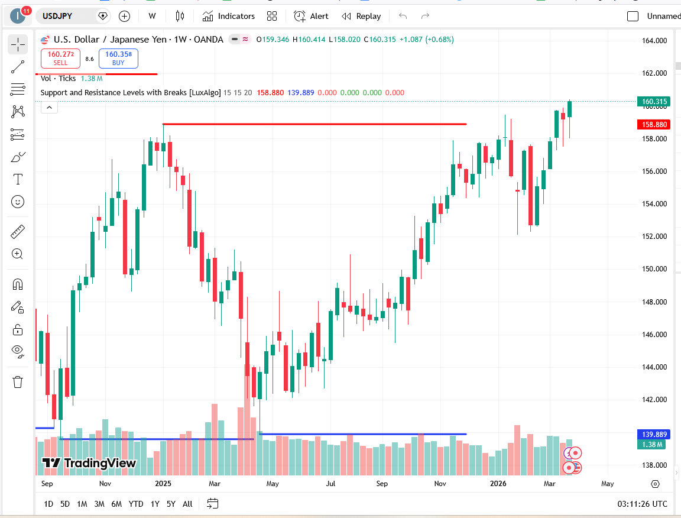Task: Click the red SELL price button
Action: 60,58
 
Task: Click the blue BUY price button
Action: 118,58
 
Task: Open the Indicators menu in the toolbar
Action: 228,16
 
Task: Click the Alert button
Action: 312,16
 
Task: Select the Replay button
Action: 361,16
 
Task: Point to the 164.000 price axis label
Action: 654,41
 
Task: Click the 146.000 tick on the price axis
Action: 654,335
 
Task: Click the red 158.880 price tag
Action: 653,125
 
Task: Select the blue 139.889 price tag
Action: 653,435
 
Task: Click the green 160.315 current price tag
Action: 653,102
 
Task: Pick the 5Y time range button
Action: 171,504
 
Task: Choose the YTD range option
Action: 136,504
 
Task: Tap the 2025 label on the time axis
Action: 163,484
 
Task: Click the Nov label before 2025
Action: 105,484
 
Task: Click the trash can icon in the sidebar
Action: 18,382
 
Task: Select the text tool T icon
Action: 18,179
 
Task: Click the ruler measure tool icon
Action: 18,231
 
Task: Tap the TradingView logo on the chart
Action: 89,464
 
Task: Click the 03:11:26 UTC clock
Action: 641,504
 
